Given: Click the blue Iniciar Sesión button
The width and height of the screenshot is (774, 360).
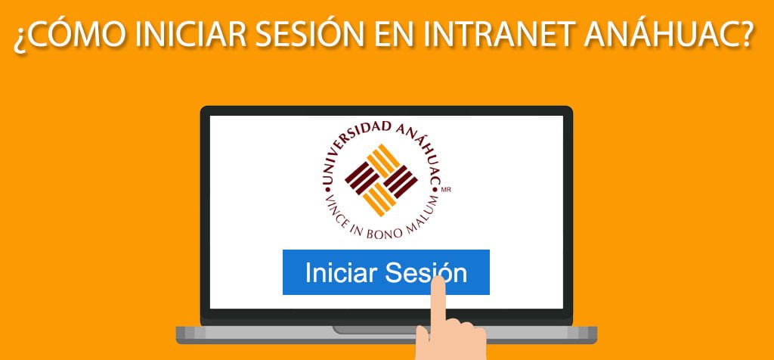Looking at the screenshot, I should pos(385,272).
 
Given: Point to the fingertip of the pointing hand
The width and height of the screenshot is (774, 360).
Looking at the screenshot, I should pos(437,284).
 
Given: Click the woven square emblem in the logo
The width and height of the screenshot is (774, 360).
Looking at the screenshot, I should pos(381,177).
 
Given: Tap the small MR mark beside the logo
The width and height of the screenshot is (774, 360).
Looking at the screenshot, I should pos(457,191).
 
